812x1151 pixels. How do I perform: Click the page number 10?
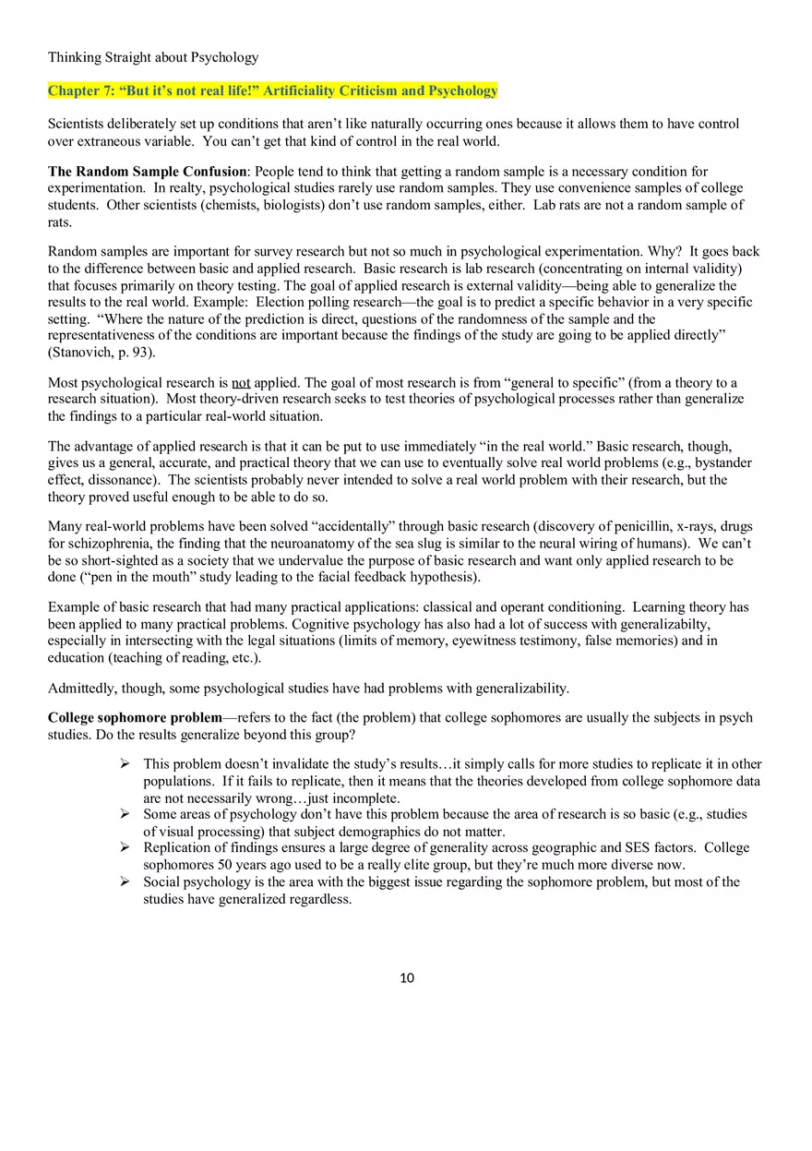coord(407,978)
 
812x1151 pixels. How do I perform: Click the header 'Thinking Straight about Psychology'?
coord(153,57)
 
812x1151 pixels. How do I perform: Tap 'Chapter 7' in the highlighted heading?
coord(80,90)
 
